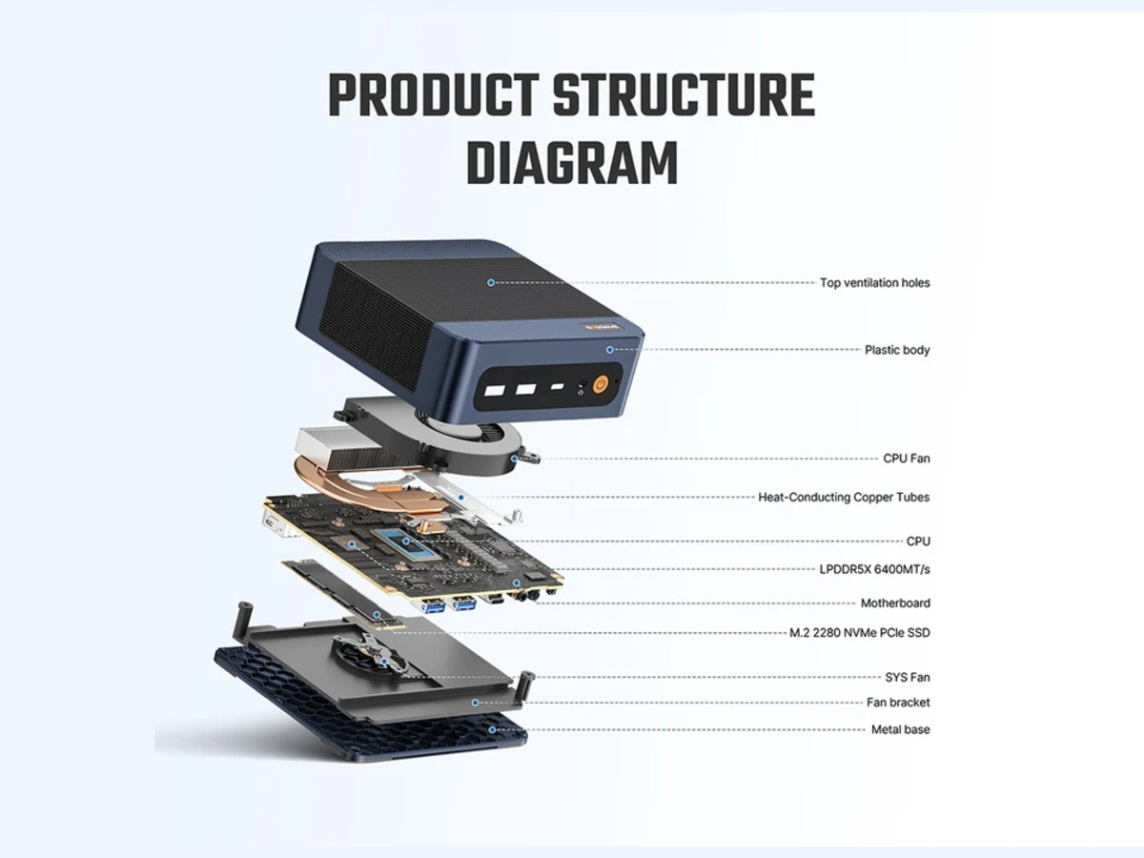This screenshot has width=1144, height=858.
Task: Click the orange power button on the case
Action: [601, 386]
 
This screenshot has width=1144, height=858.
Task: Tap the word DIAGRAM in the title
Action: [572, 163]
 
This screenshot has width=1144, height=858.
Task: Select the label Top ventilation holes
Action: [874, 283]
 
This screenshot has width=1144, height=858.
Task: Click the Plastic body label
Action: [897, 350]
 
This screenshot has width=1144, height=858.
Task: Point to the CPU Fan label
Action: [907, 459]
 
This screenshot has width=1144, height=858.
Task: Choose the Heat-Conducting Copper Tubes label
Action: [844, 497]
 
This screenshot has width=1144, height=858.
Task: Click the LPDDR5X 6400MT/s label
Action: [874, 569]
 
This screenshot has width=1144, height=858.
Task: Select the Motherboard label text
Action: [895, 603]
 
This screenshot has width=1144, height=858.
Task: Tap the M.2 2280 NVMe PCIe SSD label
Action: [860, 633]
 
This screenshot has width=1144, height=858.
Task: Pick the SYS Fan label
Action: [908, 677]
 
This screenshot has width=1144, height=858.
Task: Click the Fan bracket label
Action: [898, 703]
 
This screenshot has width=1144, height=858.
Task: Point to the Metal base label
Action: [901, 729]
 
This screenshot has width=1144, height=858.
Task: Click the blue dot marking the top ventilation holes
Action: [490, 282]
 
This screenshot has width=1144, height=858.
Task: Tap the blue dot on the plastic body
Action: [610, 350]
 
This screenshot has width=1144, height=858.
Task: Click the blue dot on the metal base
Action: [492, 730]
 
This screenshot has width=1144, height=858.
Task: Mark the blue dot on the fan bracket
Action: [475, 703]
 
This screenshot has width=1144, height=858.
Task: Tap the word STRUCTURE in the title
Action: [684, 95]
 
